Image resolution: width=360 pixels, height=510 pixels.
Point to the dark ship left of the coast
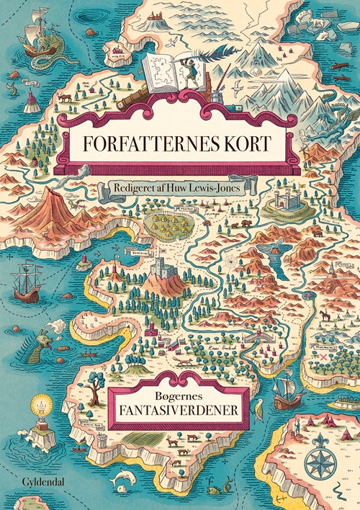27,281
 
